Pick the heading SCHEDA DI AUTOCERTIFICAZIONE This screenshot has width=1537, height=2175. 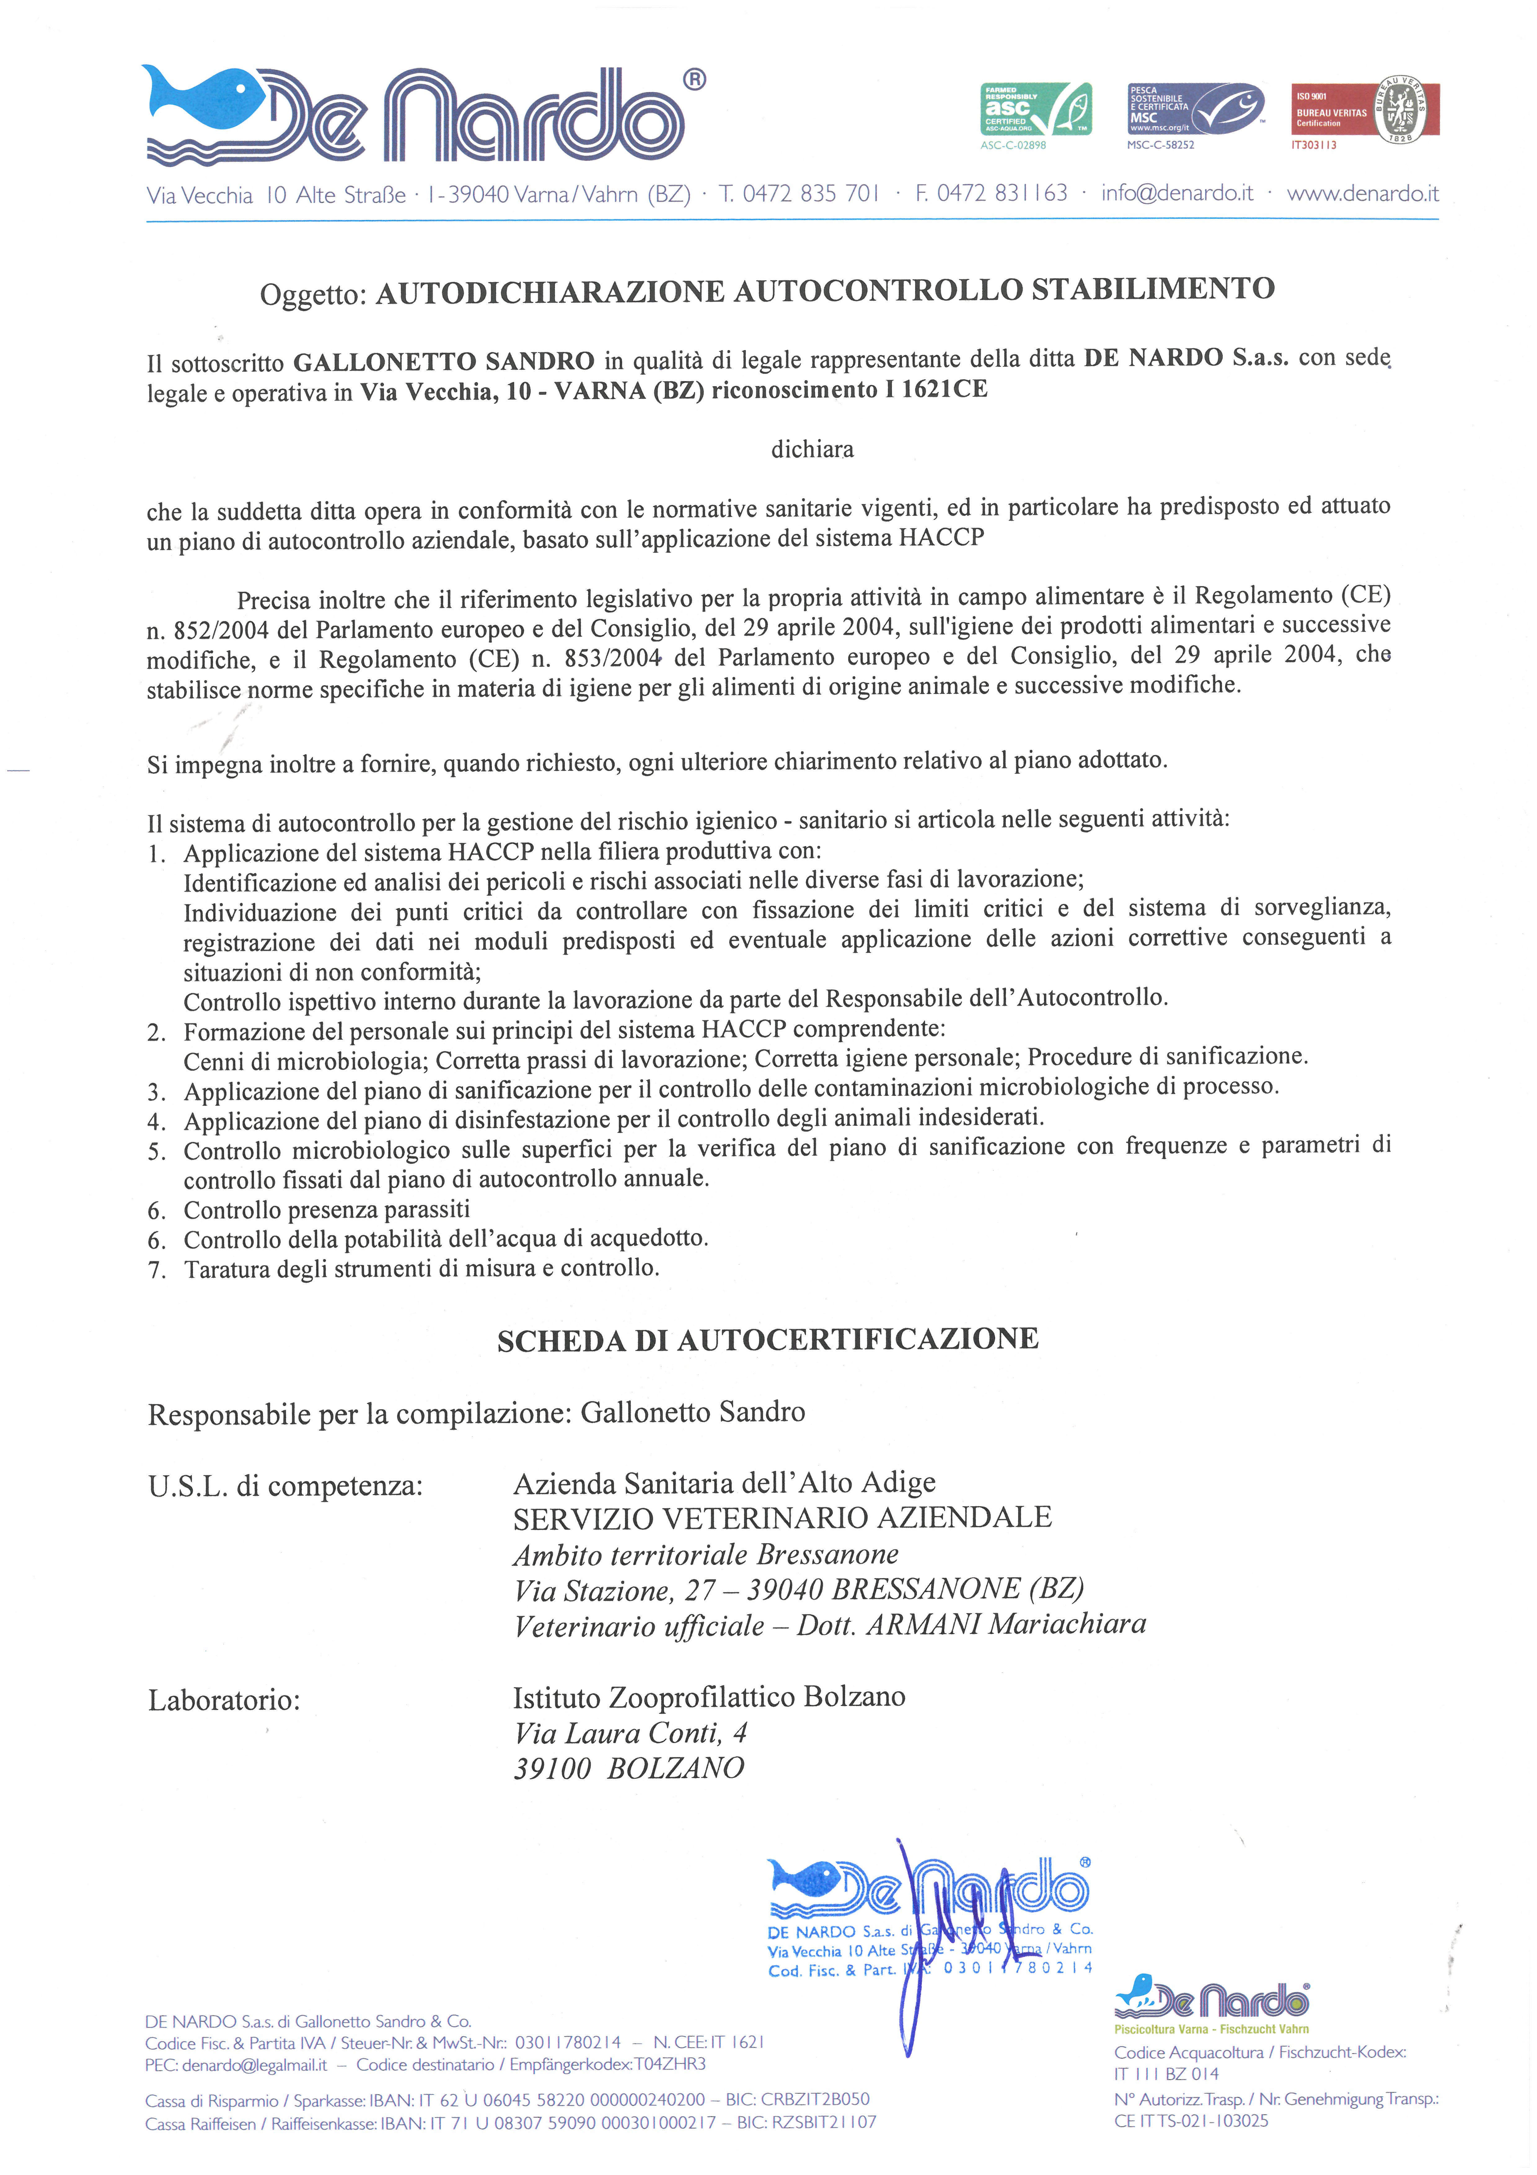tap(768, 1339)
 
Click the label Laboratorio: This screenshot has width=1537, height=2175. tap(223, 1700)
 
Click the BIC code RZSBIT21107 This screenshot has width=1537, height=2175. tap(824, 2123)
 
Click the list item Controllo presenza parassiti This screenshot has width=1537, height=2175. tap(327, 1210)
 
